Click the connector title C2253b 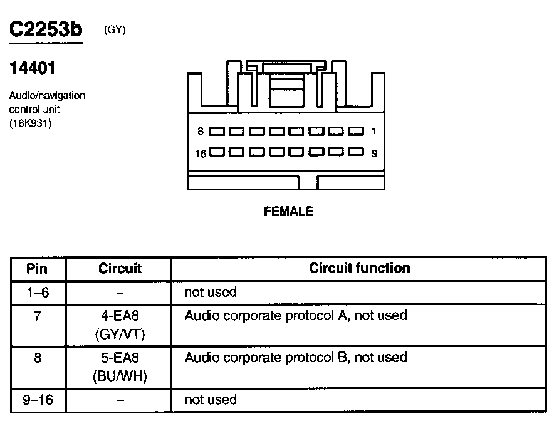coord(45,29)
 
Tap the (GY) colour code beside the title coord(115,29)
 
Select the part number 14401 coord(31,67)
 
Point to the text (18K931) coord(30,123)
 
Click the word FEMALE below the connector coord(288,212)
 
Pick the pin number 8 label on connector coord(201,132)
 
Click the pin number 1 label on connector coord(374,132)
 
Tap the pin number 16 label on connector coord(201,153)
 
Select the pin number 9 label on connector coord(374,153)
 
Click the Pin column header coord(38,269)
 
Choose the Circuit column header coord(120,269)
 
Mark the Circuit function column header coord(359,269)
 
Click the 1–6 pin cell coord(38,293)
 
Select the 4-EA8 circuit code coord(120,315)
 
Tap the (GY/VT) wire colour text coord(120,335)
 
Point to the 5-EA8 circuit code coord(120,358)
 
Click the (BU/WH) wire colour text coord(120,377)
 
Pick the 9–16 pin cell coord(38,400)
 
